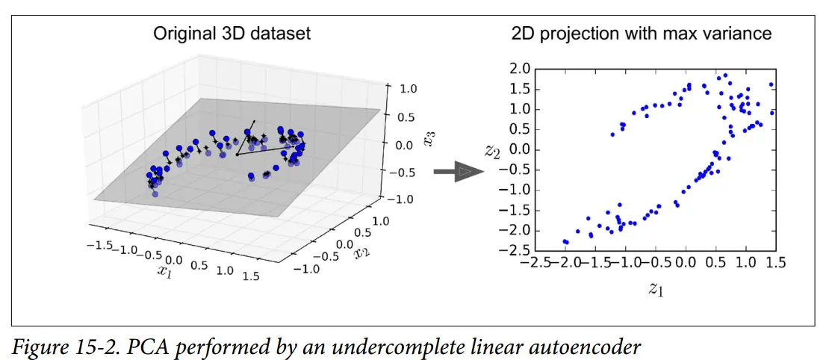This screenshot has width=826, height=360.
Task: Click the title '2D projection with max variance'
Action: [x=642, y=34]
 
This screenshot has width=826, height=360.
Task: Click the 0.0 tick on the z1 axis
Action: [x=685, y=263]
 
